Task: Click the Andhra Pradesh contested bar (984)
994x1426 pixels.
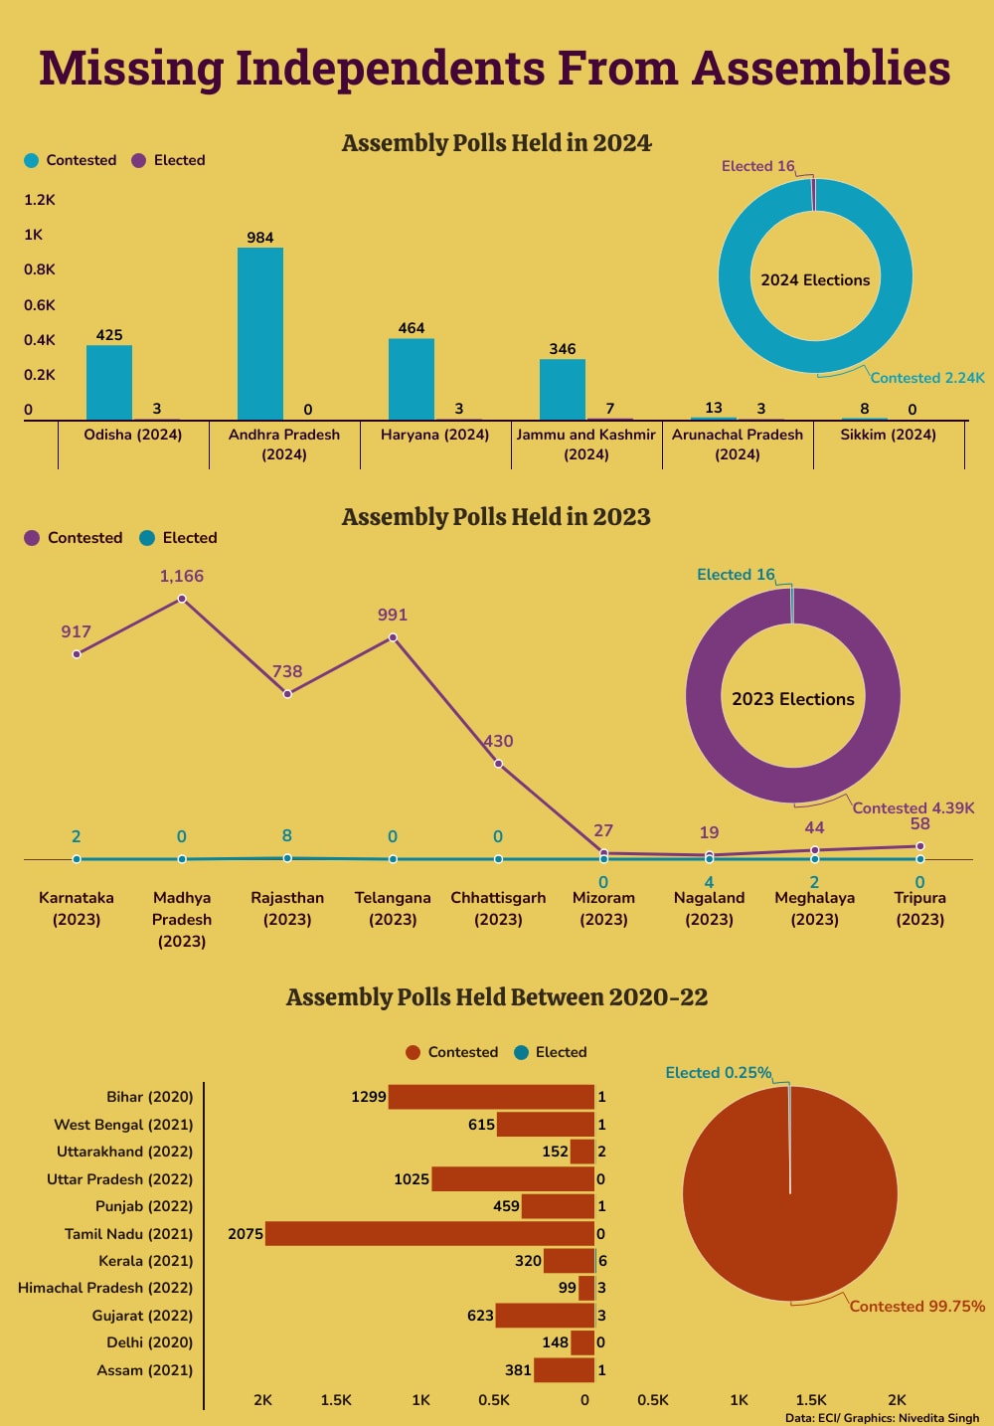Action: pyautogui.click(x=260, y=333)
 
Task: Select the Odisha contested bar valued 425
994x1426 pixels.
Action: pyautogui.click(x=109, y=382)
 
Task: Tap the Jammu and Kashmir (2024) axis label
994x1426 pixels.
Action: pyautogui.click(x=586, y=445)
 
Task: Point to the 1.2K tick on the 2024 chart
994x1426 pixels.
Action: pyautogui.click(x=40, y=200)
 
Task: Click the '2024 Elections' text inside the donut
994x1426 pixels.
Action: pyautogui.click(x=815, y=280)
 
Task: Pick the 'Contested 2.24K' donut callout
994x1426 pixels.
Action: pyautogui.click(x=927, y=378)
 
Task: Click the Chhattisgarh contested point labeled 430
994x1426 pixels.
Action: pyautogui.click(x=498, y=764)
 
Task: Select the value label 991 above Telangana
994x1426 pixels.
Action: pyautogui.click(x=393, y=616)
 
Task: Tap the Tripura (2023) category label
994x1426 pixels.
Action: pyautogui.click(x=919, y=908)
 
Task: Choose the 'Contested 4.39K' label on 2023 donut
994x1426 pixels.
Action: pyautogui.click(x=913, y=808)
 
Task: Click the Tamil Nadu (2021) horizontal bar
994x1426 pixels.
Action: pyautogui.click(x=429, y=1234)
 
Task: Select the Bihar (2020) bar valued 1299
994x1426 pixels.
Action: pyautogui.click(x=491, y=1097)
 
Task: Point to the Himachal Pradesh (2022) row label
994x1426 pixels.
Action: pyautogui.click(x=105, y=1288)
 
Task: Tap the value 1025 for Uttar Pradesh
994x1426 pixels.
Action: pyautogui.click(x=412, y=1179)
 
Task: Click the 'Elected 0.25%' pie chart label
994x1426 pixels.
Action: pyautogui.click(x=718, y=1073)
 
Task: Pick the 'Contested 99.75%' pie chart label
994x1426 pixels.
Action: pyautogui.click(x=916, y=1307)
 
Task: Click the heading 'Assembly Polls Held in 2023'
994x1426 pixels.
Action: pyautogui.click(x=496, y=517)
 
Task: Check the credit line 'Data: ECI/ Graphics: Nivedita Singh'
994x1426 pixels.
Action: pyautogui.click(x=882, y=1418)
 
